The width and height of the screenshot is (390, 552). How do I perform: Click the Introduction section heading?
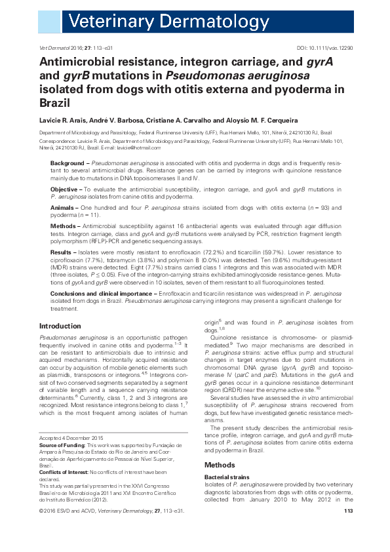tap(60, 326)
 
